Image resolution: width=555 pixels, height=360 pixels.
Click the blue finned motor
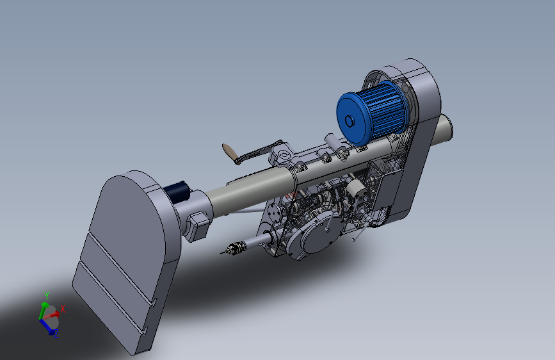point(372,113)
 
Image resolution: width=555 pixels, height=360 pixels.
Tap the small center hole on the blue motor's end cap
point(350,121)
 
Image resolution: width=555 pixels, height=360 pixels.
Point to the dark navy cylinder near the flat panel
point(177,192)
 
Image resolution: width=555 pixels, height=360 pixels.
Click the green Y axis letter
point(47,295)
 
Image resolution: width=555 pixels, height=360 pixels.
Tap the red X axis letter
point(63,309)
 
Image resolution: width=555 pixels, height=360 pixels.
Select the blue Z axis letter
point(56,334)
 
